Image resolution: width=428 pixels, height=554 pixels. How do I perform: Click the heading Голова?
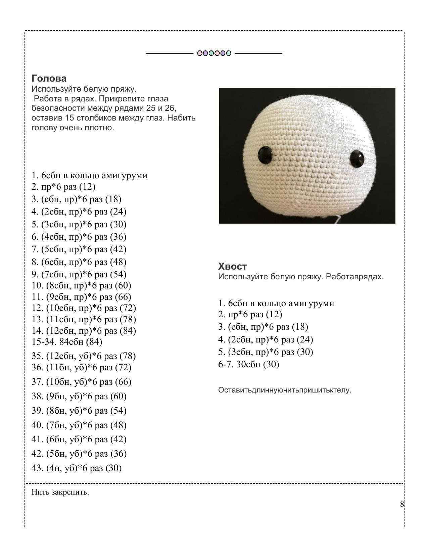49,78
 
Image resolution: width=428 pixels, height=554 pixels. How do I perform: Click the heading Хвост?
232,266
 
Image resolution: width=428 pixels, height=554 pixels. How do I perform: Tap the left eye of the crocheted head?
265,155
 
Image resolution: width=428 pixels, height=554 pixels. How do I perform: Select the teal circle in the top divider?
228,53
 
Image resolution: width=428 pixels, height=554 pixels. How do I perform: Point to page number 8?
402,504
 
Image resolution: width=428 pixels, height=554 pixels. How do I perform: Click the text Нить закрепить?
60,492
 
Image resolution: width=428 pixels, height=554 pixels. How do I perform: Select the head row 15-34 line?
67,342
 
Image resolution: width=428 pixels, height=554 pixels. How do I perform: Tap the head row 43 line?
77,468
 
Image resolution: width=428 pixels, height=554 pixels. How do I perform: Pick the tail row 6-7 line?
249,364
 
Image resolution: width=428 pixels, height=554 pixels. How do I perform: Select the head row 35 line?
84,356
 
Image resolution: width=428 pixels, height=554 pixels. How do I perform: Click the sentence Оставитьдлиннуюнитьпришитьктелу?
285,390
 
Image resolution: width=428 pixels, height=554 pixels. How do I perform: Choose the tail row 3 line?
263,327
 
